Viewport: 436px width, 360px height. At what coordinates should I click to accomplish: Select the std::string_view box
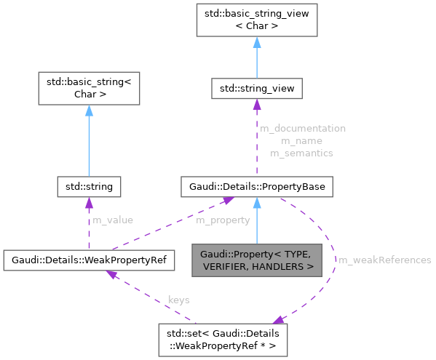click(256, 89)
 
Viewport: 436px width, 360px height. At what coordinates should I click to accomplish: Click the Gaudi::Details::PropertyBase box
click(256, 187)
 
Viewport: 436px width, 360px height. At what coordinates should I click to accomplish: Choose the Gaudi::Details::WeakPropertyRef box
click(89, 258)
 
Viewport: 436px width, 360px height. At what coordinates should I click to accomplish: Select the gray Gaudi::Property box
click(256, 260)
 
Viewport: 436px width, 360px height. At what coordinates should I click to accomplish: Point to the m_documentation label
click(301, 128)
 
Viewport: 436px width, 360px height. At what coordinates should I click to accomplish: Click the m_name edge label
click(301, 140)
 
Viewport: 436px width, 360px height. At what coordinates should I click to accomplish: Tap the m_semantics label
click(301, 153)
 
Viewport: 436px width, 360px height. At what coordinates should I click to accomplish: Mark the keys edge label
click(179, 299)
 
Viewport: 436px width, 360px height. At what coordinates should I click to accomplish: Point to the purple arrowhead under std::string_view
click(256, 105)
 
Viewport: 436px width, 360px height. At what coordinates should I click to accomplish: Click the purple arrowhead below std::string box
click(88, 203)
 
